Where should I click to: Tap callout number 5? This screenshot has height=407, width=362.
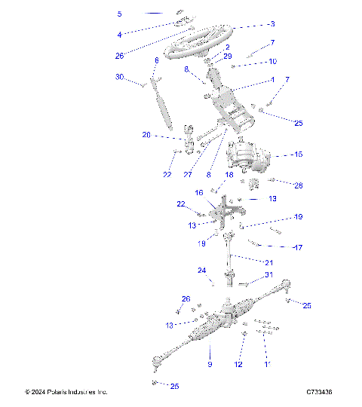[x=119, y=14]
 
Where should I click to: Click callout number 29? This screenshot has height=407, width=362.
[x=228, y=57]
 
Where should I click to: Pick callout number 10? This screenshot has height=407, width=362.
[x=272, y=61]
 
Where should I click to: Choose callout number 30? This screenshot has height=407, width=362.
[x=119, y=78]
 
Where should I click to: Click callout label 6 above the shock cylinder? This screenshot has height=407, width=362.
[x=156, y=60]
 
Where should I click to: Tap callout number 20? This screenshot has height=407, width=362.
[x=146, y=136]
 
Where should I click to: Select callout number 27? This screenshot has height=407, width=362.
[x=188, y=174]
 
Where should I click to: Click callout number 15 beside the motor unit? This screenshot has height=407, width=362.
[x=298, y=155]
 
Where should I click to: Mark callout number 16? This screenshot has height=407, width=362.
[x=200, y=193]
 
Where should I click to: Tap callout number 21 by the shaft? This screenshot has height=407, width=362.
[x=268, y=262]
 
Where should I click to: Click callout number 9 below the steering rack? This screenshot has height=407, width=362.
[x=210, y=365]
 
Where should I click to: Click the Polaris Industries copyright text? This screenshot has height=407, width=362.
[x=66, y=392]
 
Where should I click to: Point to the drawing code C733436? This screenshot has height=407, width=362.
[x=320, y=392]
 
